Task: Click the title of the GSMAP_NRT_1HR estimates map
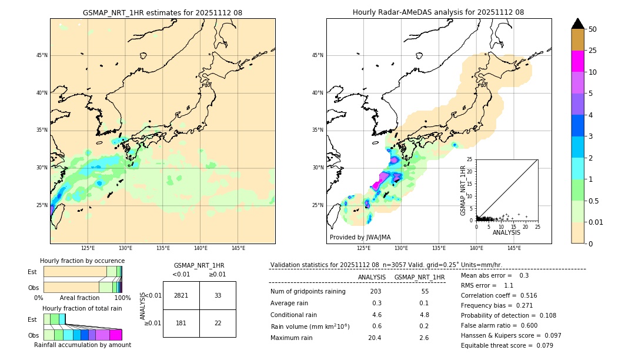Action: point(162,12)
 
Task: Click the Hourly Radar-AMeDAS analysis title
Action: point(438,12)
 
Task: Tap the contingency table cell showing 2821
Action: point(181,295)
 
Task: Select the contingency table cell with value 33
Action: point(218,295)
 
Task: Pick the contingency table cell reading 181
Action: point(181,323)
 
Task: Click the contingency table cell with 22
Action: point(218,323)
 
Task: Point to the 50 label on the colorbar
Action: point(593,29)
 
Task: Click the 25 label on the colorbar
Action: point(593,51)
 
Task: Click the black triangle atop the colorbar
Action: point(578,24)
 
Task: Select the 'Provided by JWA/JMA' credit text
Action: point(360,237)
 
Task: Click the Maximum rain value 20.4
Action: point(375,338)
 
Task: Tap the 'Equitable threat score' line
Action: point(507,345)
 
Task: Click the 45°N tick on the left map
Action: point(42,55)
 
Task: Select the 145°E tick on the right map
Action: point(514,248)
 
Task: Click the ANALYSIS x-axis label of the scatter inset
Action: point(506,232)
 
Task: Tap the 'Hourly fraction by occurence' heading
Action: point(82,261)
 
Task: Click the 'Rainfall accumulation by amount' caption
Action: point(83,345)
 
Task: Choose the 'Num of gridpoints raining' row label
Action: point(308,292)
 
